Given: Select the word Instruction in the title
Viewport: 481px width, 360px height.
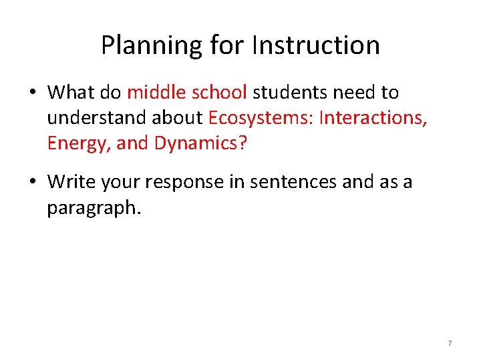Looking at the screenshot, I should click(x=316, y=45).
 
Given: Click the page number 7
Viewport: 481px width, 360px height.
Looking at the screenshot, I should click(x=450, y=343).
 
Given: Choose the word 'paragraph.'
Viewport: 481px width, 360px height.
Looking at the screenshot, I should click(x=94, y=208).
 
